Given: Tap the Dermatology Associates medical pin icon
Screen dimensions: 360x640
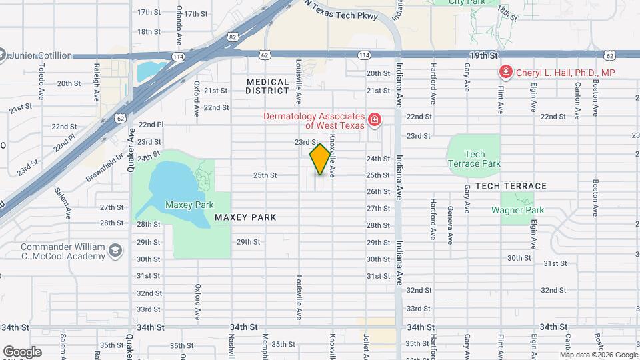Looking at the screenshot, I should (375, 120).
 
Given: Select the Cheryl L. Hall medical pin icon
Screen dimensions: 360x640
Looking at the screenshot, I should (505, 72).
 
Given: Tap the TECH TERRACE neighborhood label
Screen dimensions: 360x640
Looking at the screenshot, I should (511, 186).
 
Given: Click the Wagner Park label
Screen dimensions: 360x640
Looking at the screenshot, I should (517, 211).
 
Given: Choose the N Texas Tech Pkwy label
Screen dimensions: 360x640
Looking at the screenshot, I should (341, 13).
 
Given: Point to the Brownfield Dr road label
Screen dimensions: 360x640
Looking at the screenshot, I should (105, 169).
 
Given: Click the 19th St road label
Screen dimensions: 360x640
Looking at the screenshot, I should (484, 55).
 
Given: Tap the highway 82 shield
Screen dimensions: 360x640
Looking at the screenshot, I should (231, 39).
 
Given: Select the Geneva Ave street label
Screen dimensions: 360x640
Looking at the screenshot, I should (450, 225).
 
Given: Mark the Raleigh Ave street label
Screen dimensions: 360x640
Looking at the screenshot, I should (97, 83).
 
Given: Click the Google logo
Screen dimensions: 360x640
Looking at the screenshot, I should (22, 351).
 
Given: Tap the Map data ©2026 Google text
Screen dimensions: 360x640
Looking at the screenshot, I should (599, 355).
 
